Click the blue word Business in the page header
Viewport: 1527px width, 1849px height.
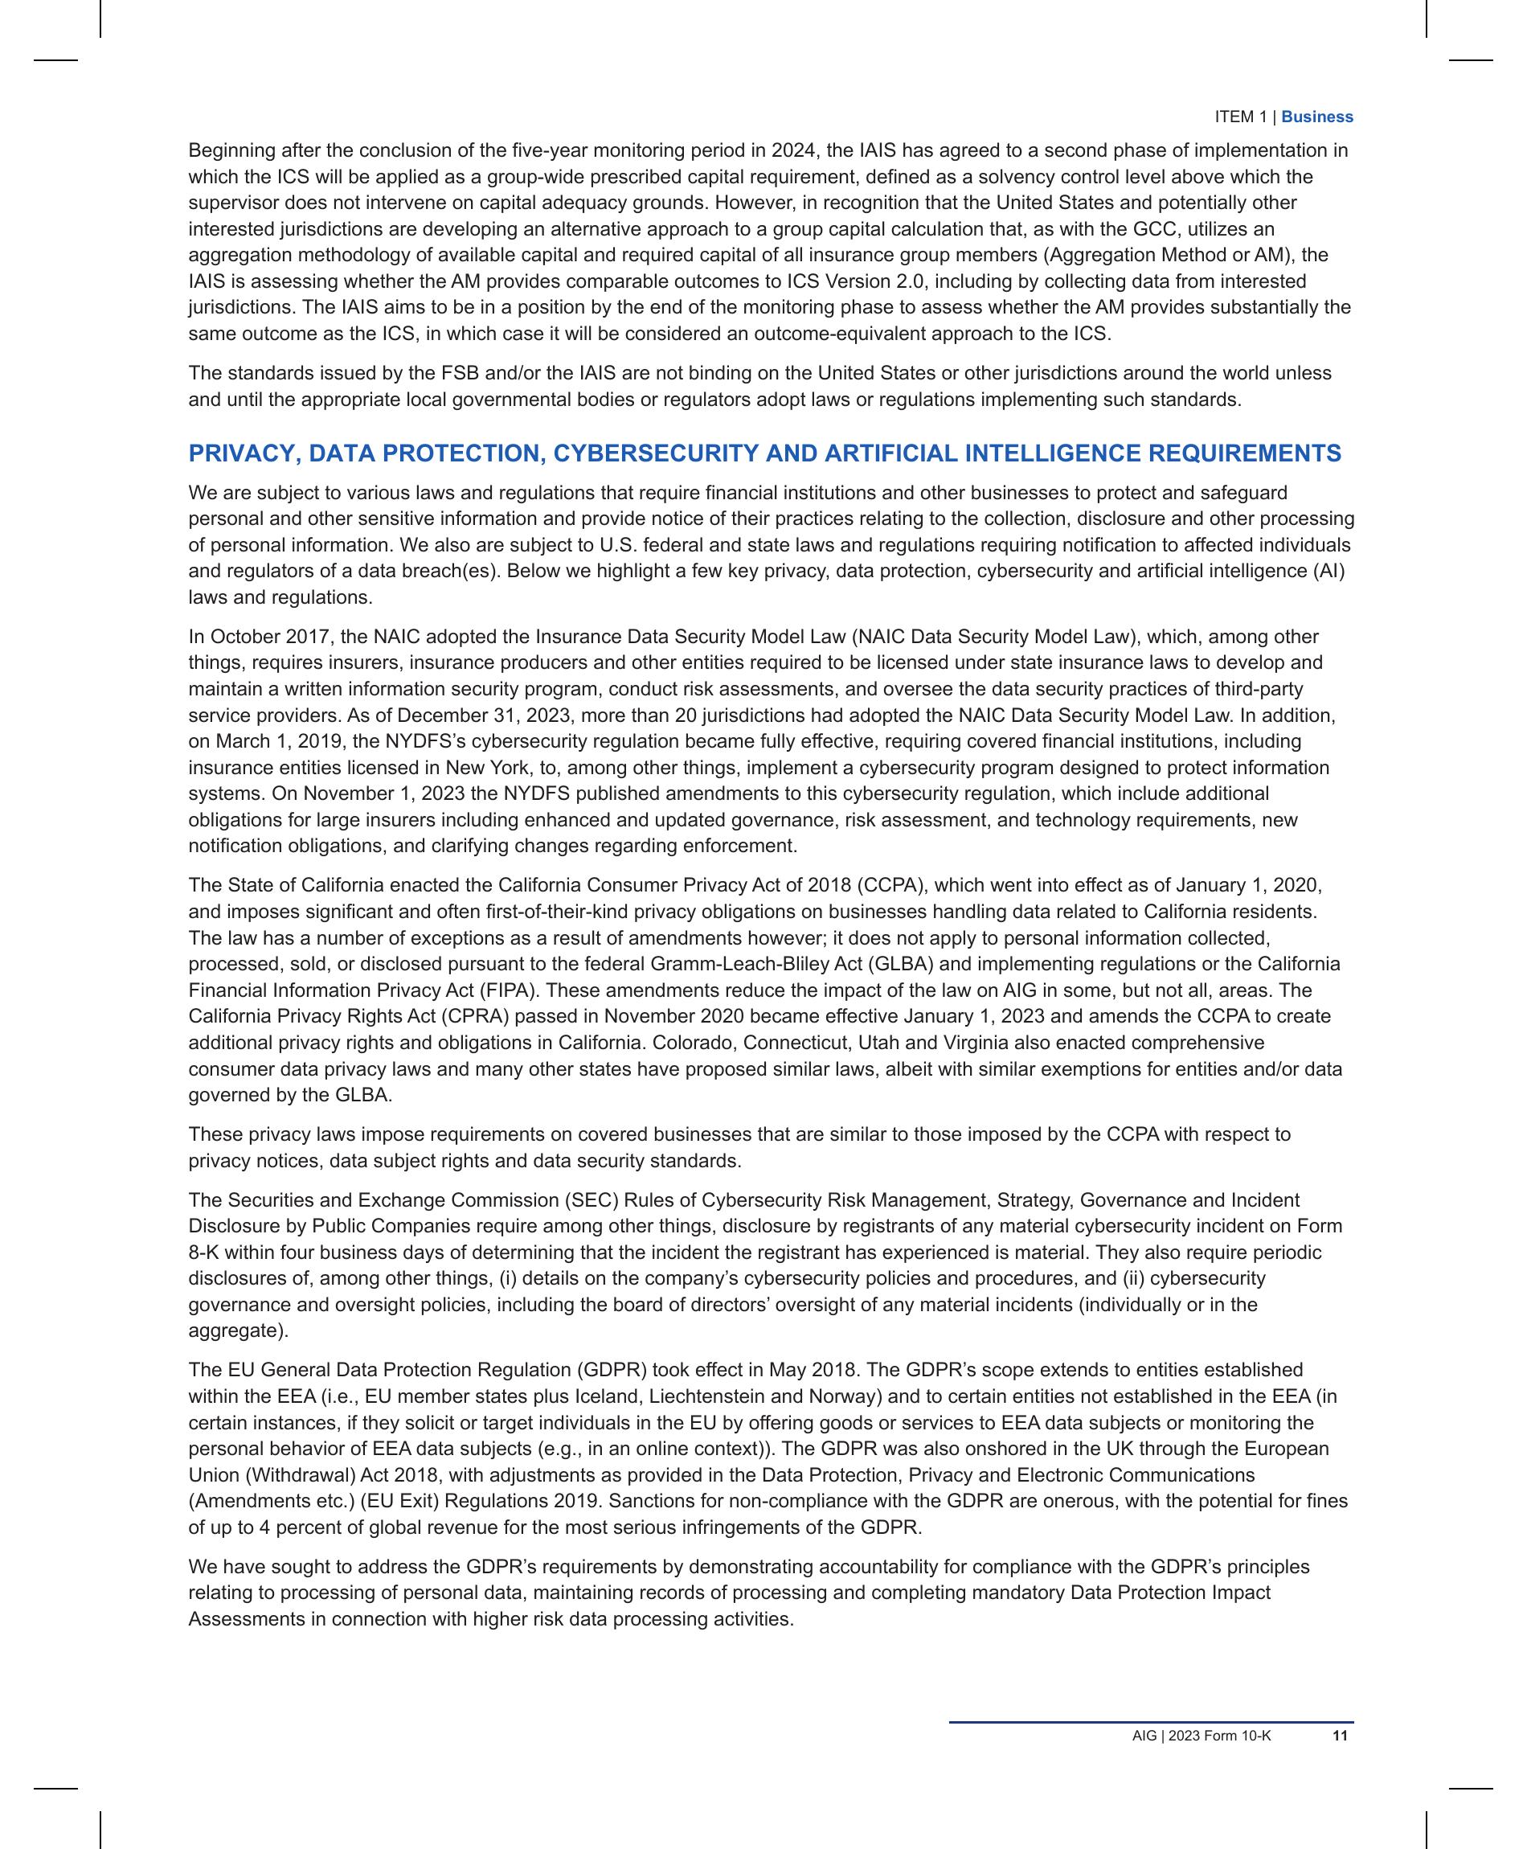1316,117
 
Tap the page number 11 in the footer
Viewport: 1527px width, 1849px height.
1341,1736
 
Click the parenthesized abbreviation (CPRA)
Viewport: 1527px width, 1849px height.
473,1016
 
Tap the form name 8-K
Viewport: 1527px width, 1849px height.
204,1252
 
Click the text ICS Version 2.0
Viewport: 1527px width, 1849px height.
853,281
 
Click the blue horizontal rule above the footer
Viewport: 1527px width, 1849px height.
1151,1721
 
